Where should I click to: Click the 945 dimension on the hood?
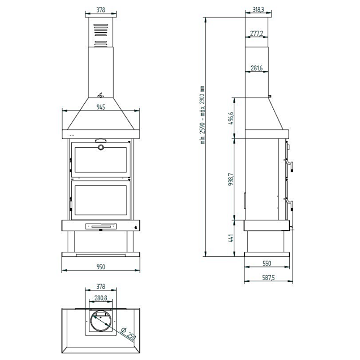(x=101, y=107)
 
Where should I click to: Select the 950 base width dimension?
(x=101, y=266)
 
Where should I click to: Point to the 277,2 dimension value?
(x=256, y=34)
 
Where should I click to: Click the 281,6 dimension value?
(x=256, y=68)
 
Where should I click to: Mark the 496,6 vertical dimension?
(x=231, y=118)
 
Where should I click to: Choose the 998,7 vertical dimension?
(x=231, y=179)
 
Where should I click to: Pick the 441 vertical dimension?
(x=231, y=238)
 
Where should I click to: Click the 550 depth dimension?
(x=266, y=263)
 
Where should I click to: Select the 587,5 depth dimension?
(x=268, y=278)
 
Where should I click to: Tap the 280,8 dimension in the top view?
(x=101, y=298)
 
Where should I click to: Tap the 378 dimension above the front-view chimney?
(x=101, y=10)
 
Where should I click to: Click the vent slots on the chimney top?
(x=101, y=35)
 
